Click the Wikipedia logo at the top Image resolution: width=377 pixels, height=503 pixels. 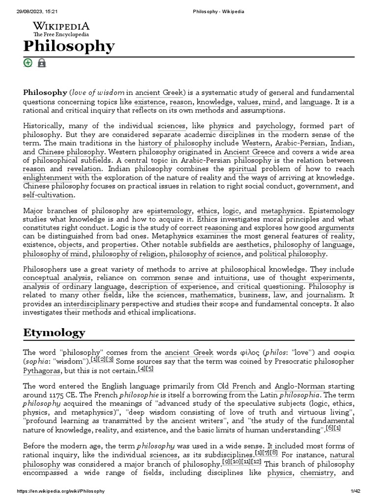click(61, 29)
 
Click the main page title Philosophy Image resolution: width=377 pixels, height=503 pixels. click(69, 46)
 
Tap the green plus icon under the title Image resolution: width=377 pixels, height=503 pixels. click(28, 62)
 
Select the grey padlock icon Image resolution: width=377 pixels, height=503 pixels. click(42, 62)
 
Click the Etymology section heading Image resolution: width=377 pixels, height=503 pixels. click(54, 333)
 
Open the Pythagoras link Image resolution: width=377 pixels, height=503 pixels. click(43, 370)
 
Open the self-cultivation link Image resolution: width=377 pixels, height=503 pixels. click(49, 195)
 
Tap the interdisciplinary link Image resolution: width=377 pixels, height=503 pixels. click(89, 304)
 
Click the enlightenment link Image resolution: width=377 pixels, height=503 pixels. click(47, 177)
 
